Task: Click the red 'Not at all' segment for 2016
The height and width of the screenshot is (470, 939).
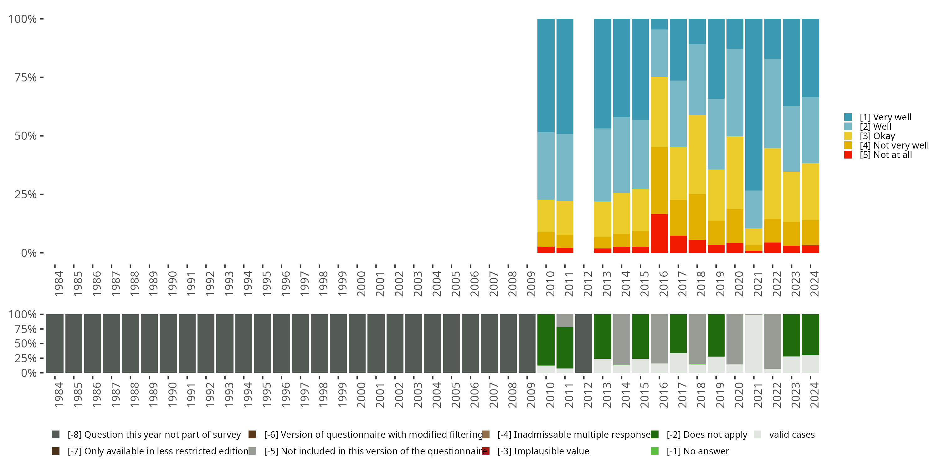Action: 659,233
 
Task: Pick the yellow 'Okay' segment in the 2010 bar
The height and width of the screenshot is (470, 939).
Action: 546,216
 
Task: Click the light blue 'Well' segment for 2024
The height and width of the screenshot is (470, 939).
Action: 810,130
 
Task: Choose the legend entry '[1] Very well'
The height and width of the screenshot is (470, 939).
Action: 885,117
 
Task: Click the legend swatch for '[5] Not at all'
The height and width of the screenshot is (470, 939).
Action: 848,155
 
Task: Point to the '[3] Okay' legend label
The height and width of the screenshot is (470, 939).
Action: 877,136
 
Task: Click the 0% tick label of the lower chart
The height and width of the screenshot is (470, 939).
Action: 28,373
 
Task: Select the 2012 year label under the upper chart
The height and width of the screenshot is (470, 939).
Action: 588,284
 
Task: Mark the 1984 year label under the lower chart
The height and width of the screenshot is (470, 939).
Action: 58,395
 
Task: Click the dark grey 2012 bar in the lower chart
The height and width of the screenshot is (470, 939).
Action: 584,343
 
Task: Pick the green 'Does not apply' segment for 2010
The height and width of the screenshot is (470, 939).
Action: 546,340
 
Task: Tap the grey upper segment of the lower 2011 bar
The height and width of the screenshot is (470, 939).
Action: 565,321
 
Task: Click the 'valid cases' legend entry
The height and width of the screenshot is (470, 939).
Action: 791,435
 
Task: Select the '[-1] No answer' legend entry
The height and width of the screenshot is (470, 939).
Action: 697,451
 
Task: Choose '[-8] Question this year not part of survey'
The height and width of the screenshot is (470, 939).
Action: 154,435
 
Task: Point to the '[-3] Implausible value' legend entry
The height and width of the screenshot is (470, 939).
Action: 543,451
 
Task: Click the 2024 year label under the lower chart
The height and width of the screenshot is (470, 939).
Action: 814,395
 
